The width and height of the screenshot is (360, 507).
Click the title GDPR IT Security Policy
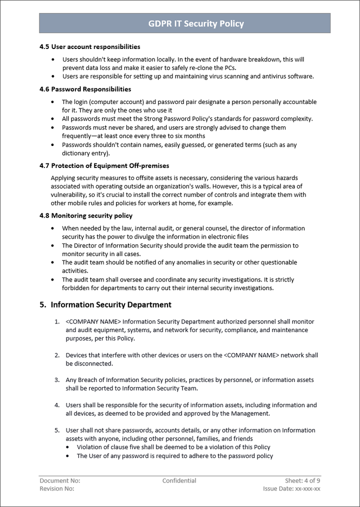point(196,23)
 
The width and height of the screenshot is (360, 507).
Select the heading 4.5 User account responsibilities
point(89,47)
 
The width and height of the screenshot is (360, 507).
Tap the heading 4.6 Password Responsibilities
point(85,89)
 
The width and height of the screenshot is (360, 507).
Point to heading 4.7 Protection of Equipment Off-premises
point(104,165)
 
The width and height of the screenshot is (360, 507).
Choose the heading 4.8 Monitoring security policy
point(85,216)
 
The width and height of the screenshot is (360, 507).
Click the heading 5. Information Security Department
point(105,304)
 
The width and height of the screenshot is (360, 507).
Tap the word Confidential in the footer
point(179,481)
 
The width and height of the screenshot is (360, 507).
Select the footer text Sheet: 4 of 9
point(303,481)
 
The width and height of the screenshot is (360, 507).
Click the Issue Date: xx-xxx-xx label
point(291,488)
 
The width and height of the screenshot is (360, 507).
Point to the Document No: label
point(59,481)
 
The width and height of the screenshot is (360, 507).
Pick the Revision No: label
point(57,488)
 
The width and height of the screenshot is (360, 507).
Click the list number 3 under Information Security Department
point(57,380)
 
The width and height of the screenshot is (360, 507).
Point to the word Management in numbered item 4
point(249,413)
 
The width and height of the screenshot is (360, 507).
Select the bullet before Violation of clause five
point(68,447)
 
